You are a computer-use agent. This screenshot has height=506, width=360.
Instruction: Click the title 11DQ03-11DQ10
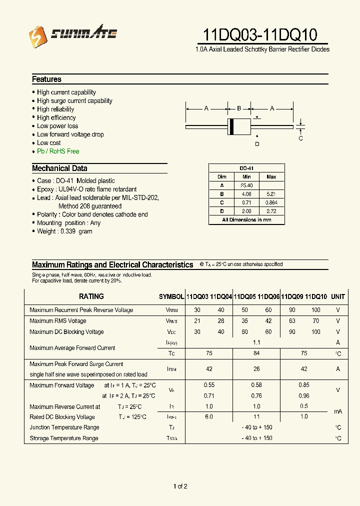point(260,34)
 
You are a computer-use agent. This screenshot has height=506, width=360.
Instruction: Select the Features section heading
point(46,79)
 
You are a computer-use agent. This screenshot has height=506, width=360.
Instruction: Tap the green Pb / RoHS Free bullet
point(57,151)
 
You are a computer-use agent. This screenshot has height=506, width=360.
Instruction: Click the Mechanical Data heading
point(59,168)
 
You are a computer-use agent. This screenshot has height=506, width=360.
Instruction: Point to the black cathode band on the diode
point(231,126)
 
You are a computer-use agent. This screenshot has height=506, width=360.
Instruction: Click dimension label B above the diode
point(239,108)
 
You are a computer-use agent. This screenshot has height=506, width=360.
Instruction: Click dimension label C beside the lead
point(300,138)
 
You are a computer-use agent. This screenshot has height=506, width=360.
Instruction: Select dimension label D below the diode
point(257,144)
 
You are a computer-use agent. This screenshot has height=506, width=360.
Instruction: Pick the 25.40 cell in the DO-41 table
point(246,185)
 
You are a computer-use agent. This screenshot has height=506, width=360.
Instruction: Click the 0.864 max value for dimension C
point(271,202)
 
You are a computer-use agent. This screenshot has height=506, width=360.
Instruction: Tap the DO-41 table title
point(246,168)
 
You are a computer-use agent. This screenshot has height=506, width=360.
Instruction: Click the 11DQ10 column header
point(315,296)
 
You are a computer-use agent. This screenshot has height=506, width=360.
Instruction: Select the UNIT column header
point(338,296)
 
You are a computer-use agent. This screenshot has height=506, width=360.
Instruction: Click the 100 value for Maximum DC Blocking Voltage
point(315,332)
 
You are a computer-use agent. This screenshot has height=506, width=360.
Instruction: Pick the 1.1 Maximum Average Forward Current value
point(257,342)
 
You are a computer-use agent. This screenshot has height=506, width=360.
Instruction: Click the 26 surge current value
point(257,369)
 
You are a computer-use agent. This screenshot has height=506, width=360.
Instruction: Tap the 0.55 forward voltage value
point(209,385)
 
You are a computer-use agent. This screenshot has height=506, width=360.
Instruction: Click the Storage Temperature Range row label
point(63,438)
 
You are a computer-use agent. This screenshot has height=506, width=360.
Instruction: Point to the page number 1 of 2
point(180,486)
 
